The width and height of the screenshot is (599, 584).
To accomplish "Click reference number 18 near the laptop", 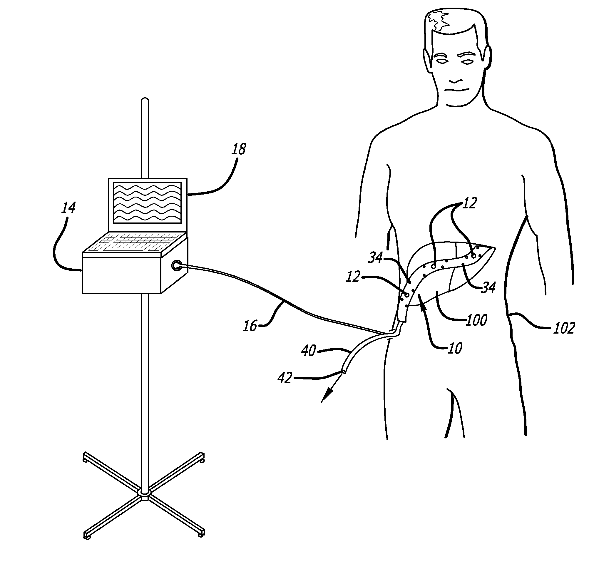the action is click(x=239, y=149).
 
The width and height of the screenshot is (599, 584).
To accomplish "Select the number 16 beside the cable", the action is click(x=250, y=326).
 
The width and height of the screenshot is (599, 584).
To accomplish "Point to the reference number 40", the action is click(x=308, y=351).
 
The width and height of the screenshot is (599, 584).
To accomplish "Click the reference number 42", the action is click(x=285, y=378).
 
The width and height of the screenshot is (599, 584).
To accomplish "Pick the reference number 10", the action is click(x=455, y=349).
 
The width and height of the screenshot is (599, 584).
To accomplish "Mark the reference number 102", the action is click(x=564, y=329).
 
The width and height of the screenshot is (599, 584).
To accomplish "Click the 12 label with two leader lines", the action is click(x=469, y=203).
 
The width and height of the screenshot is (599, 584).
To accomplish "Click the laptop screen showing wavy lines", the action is click(x=147, y=203).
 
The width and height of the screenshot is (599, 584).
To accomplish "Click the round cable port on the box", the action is click(x=176, y=265).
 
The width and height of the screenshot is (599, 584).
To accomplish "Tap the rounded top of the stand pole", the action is click(x=145, y=100).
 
